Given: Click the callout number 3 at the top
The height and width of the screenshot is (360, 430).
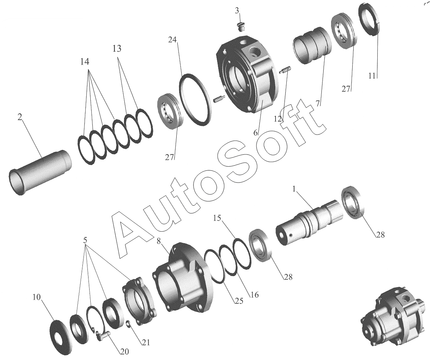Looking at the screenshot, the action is (x=237, y=10).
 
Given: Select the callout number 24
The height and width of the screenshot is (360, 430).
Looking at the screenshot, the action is (x=172, y=39).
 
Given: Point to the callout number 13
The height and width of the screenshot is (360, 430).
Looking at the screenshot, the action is (x=117, y=49).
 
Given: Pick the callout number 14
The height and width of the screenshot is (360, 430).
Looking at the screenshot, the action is (x=85, y=61).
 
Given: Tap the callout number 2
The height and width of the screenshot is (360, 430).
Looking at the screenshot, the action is (x=20, y=117).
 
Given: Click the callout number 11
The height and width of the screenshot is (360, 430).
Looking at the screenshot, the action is (x=372, y=76).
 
